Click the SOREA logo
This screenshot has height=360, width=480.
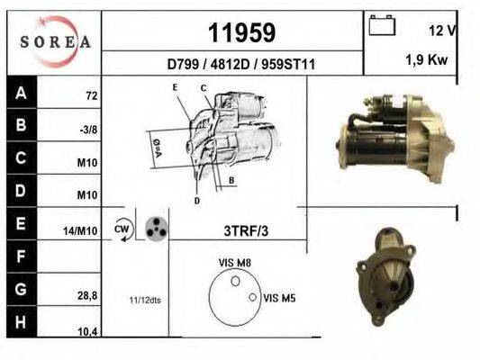click(x=55, y=41)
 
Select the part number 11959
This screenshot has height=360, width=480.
click(x=242, y=32)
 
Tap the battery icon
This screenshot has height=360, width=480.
click(x=382, y=25)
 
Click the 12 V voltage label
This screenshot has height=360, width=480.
click(x=442, y=31)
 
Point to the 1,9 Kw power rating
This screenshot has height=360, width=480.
click(x=427, y=59)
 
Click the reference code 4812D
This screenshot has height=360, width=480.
click(x=231, y=65)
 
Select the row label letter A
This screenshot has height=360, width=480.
click(x=21, y=93)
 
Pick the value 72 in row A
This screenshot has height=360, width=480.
click(x=92, y=96)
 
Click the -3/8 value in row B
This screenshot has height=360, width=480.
click(x=88, y=130)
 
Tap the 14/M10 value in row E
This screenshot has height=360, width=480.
click(x=80, y=231)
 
